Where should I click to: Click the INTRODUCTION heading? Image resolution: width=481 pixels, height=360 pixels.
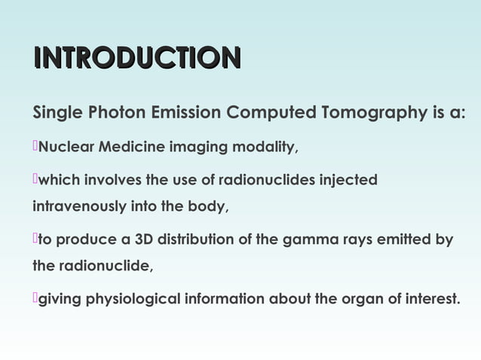pos(136,59)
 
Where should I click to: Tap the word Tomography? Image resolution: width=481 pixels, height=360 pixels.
pos(371,114)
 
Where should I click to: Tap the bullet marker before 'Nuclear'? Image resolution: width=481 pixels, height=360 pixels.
pos(35,145)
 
